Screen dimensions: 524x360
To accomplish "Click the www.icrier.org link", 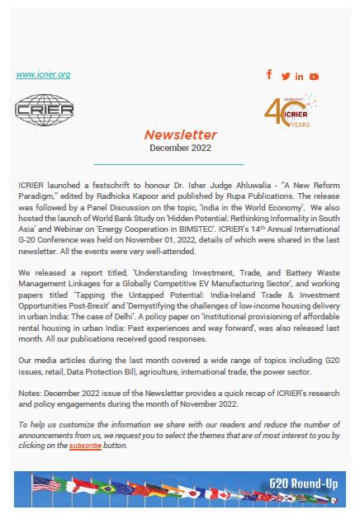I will [x=43, y=75].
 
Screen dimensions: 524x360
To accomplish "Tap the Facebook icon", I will [x=269, y=75].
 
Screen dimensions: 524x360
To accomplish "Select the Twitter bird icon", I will [x=286, y=77].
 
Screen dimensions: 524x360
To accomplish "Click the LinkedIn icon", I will [x=300, y=77].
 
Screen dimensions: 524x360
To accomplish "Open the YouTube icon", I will [x=315, y=77].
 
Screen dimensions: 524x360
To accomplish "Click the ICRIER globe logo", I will [x=45, y=110].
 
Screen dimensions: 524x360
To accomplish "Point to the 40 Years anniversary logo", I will [x=289, y=111].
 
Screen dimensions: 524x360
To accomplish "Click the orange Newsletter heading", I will [x=180, y=135].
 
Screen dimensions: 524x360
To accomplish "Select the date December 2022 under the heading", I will [x=180, y=148].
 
